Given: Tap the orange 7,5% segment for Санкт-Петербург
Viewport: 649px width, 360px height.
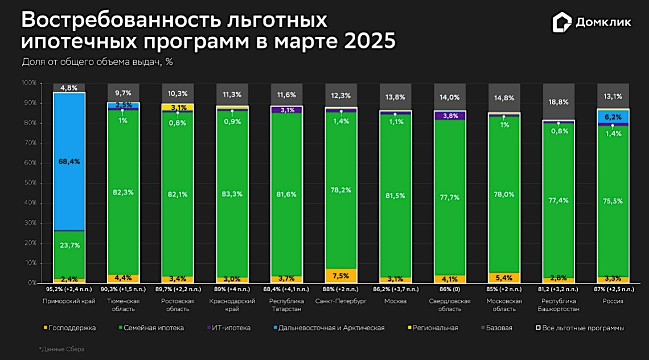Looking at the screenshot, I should click(x=341, y=276).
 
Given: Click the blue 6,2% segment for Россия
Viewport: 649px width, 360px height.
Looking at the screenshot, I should click(x=613, y=116).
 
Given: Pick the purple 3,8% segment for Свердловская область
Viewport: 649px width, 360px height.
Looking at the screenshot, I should click(x=450, y=116).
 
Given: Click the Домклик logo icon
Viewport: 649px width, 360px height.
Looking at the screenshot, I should click(x=562, y=23).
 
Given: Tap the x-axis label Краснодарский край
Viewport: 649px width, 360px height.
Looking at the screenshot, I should click(x=232, y=305).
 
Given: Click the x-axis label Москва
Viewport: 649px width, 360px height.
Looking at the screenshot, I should click(x=395, y=301).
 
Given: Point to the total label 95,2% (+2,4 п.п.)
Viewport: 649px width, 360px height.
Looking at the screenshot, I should click(x=69, y=289).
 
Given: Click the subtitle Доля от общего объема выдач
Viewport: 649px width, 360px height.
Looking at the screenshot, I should click(x=97, y=62).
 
